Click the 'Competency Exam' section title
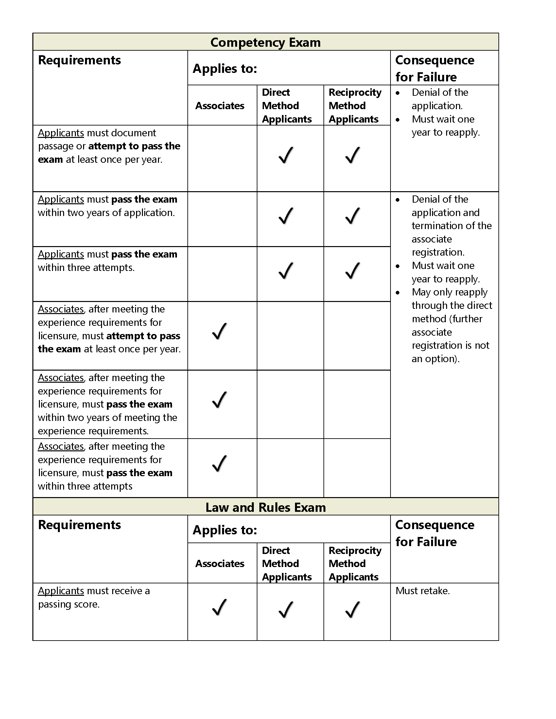point(266,42)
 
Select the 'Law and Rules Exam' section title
point(266,507)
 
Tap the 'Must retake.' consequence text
point(423,591)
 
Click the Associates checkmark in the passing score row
point(219,608)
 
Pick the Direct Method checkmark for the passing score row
point(286,610)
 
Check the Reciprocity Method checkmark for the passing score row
point(353,610)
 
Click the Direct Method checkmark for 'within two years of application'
point(286,216)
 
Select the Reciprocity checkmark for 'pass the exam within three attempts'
point(353,271)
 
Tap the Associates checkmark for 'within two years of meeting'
point(219,400)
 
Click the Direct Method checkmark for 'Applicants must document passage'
point(286,155)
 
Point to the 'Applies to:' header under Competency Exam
point(225,69)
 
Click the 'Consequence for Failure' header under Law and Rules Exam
point(435,533)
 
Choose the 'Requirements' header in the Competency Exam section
point(79,60)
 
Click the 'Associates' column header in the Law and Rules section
point(220,563)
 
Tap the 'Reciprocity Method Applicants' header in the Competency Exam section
point(355,106)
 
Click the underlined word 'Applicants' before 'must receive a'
point(61,591)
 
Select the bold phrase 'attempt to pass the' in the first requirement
point(134,146)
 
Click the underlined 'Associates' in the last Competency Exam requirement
point(61,446)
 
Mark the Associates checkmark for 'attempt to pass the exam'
point(219,331)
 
